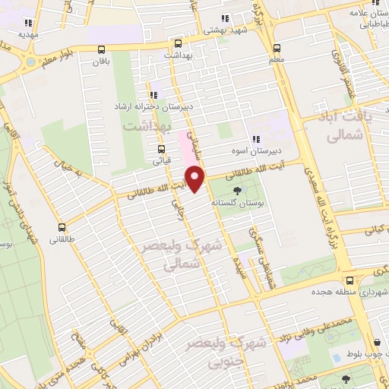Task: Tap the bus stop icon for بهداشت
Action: (177, 44)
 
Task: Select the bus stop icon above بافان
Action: (101, 49)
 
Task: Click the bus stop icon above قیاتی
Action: (161, 149)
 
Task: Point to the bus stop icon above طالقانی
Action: (62, 226)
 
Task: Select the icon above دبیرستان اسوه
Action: (256, 138)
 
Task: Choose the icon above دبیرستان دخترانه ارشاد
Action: (154, 96)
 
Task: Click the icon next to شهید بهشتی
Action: (224, 18)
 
